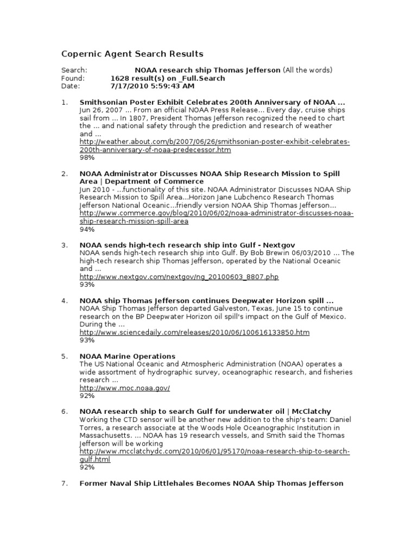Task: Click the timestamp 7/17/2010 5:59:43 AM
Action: click(x=152, y=86)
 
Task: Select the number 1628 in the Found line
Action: click(x=119, y=78)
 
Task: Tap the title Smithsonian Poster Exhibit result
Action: click(x=212, y=102)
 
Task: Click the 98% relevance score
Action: click(x=87, y=157)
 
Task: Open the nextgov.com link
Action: click(x=179, y=276)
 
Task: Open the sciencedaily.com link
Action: click(x=194, y=332)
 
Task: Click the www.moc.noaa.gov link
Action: click(x=125, y=388)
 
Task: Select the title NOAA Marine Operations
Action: click(x=128, y=356)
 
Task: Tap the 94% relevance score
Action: click(x=87, y=229)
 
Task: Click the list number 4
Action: click(x=64, y=300)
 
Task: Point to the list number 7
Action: click(x=64, y=483)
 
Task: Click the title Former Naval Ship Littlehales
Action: click(x=212, y=483)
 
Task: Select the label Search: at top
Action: click(x=74, y=70)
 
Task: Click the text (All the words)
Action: click(x=307, y=70)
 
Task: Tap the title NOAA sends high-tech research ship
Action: click(x=187, y=245)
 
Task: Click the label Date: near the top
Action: click(x=71, y=86)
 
